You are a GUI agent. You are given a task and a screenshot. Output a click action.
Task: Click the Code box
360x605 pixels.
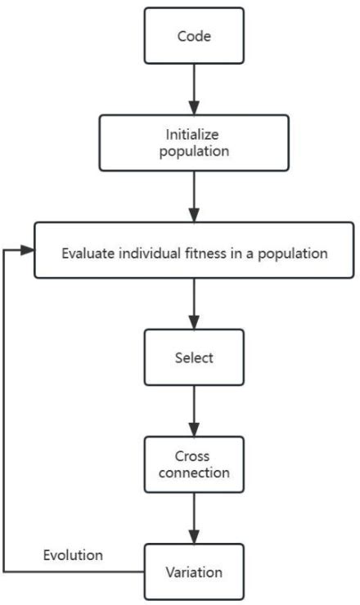[x=194, y=36]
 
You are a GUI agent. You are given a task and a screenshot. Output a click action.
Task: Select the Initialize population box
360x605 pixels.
[x=194, y=142]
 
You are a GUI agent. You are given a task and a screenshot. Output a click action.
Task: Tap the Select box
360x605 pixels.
[x=194, y=357]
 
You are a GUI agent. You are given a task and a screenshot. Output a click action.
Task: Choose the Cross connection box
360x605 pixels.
[x=194, y=464]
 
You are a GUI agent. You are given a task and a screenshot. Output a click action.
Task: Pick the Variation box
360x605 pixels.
[x=194, y=571]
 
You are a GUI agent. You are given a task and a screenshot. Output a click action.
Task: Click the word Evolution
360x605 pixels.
[x=73, y=555]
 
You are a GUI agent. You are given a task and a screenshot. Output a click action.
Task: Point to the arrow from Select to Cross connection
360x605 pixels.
[x=194, y=410]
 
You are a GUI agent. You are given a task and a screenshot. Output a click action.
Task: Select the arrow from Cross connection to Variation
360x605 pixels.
[x=194, y=517]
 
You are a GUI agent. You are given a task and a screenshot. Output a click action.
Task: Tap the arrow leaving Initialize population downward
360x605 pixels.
[x=194, y=196]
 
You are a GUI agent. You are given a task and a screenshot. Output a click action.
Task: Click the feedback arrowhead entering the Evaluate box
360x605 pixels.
[x=27, y=249]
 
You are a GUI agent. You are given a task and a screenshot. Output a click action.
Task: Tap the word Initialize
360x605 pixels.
[x=194, y=134]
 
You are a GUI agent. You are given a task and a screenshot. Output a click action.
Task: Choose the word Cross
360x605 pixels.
[x=194, y=455]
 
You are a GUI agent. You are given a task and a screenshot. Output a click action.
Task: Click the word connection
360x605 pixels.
[x=194, y=473]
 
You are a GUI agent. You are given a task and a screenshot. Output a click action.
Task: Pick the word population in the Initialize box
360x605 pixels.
[x=194, y=151]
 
